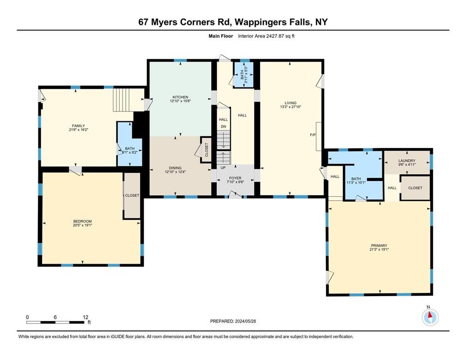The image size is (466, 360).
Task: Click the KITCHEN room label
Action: [180, 97]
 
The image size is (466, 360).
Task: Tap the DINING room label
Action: [175, 168]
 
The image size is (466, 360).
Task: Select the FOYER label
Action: [235, 178]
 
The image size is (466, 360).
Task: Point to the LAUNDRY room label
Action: [407, 161]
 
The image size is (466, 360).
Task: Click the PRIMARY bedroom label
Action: [379, 246]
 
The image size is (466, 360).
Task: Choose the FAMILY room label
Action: [79, 126]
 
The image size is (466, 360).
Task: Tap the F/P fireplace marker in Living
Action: [313, 135]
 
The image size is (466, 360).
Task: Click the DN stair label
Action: [223, 126]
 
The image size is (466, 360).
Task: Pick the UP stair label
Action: [223, 168]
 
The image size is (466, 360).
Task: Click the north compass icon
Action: [430, 317]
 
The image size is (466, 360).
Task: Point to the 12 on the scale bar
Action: [86, 317]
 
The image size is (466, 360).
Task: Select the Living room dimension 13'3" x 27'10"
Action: [291, 107]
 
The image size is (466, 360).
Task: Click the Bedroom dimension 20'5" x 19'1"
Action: [82, 225]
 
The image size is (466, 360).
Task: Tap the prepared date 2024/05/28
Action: [245, 321]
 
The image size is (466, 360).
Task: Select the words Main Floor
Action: [221, 36]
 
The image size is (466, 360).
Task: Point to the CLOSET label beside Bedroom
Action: [132, 195]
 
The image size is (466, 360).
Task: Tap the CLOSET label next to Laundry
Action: [415, 188]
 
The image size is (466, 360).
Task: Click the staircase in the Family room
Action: [122, 99]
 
